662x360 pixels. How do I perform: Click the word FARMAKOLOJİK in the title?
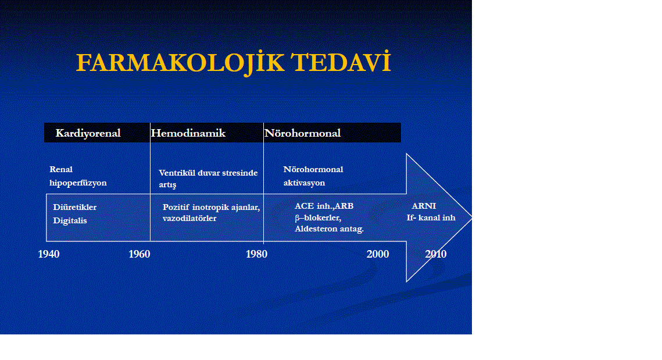pos(180,63)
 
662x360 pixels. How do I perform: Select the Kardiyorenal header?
pos(88,134)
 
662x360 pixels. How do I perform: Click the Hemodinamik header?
pos(188,133)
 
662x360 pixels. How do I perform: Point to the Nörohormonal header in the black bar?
pos(303,133)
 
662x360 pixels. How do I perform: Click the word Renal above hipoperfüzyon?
pos(61,169)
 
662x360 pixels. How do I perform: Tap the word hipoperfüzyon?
pos(78,183)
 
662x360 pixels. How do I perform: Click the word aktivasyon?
pos(305,183)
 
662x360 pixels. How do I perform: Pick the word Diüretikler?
pos(75,207)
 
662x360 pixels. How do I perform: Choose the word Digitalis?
pos(70,220)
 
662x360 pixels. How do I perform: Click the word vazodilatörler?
pos(189,219)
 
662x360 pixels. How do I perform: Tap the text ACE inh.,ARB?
pos(324,206)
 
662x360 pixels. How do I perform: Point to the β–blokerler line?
pos(318,218)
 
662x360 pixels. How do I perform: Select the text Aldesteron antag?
pos(330,229)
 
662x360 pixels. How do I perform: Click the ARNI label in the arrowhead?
pos(424,206)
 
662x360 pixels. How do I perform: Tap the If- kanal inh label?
pos(431,218)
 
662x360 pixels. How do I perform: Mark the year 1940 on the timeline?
pos(49,254)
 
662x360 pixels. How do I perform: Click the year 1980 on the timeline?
pos(257,254)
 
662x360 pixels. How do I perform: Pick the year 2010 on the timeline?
pos(436,254)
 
